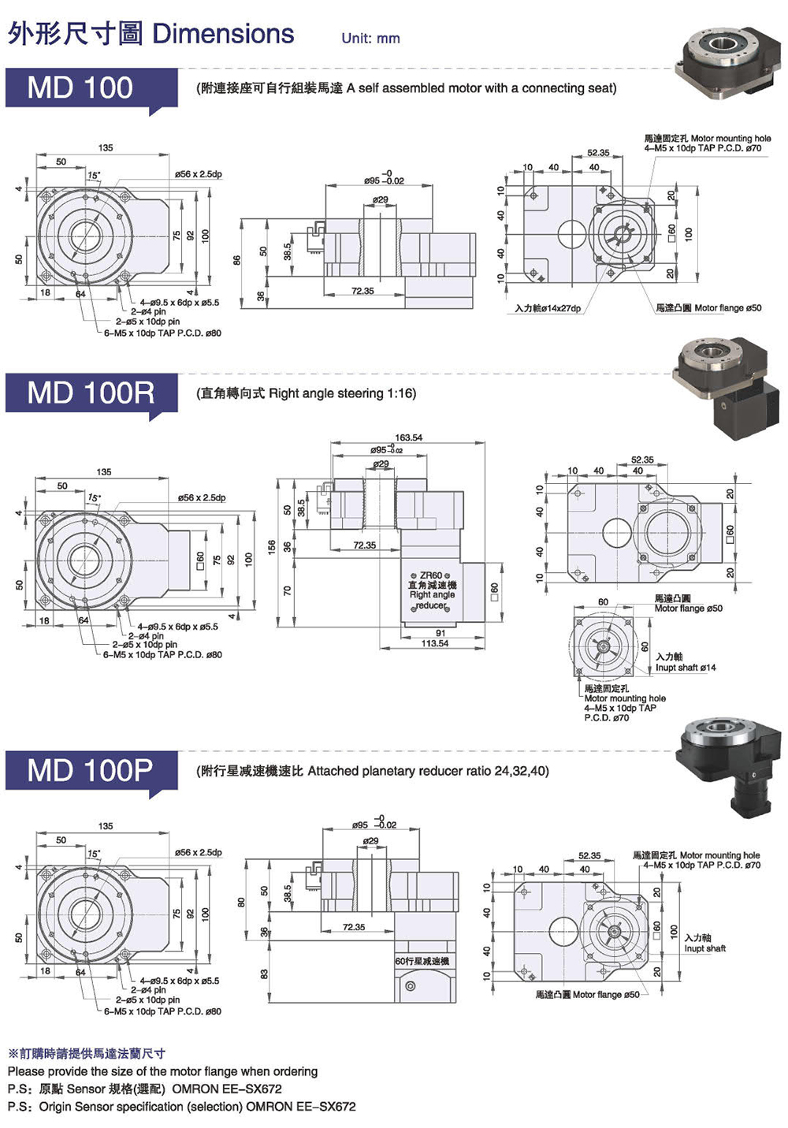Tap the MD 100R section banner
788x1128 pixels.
point(91,393)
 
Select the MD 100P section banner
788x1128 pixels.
point(91,770)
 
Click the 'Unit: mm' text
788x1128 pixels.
point(370,38)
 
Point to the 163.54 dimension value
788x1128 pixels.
point(408,437)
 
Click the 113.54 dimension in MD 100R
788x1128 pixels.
point(434,643)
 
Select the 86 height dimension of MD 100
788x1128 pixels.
point(236,259)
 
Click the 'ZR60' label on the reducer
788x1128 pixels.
point(431,575)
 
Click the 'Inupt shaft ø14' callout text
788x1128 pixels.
point(686,668)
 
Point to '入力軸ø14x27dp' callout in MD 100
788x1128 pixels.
point(548,308)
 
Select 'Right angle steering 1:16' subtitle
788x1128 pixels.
point(342,393)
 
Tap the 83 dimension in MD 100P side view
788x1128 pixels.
point(265,974)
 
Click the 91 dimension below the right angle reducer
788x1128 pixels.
point(440,633)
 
